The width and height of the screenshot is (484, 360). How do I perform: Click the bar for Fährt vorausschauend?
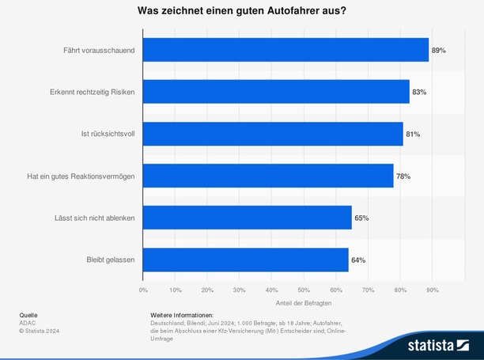coord(285,50)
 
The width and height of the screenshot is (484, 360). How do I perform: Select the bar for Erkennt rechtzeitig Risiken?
coord(276,92)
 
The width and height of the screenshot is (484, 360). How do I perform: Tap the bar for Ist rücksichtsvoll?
coord(273,134)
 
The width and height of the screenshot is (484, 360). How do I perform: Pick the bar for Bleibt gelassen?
coord(245,260)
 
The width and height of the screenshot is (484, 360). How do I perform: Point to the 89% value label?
coord(438,50)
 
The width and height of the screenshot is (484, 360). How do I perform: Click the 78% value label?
coord(403,176)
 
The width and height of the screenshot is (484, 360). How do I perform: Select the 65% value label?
coord(361,218)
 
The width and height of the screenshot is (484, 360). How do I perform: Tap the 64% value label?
coord(358,260)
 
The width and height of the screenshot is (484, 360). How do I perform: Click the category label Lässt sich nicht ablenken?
coord(93,218)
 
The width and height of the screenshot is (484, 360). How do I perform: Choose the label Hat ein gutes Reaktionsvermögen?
coord(81,176)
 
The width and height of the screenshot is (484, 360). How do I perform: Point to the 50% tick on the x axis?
coord(304,290)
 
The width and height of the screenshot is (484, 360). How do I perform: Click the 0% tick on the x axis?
coord(143,290)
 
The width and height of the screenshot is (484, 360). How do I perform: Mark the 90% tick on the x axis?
coord(432,290)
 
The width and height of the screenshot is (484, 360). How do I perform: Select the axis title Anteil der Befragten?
coord(304,304)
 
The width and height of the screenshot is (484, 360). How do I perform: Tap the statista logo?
coord(438,345)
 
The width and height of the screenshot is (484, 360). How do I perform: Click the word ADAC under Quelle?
coord(28,323)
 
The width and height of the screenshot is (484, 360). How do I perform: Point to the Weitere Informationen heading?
coord(182,315)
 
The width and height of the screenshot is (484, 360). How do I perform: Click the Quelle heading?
coord(28,315)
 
